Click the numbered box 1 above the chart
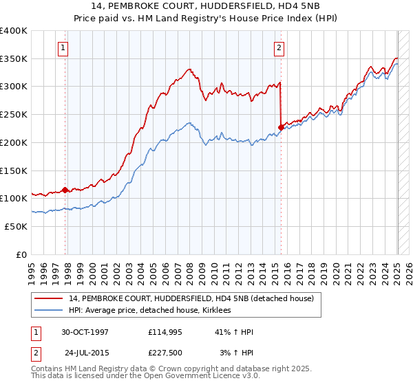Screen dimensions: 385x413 (63, 48)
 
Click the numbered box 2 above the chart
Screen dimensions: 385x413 (279, 48)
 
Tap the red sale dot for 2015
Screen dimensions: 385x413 (282, 126)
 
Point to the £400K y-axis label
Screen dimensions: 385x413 (14, 31)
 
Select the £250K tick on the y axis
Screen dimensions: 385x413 (14, 115)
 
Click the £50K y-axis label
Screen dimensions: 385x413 (16, 226)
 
